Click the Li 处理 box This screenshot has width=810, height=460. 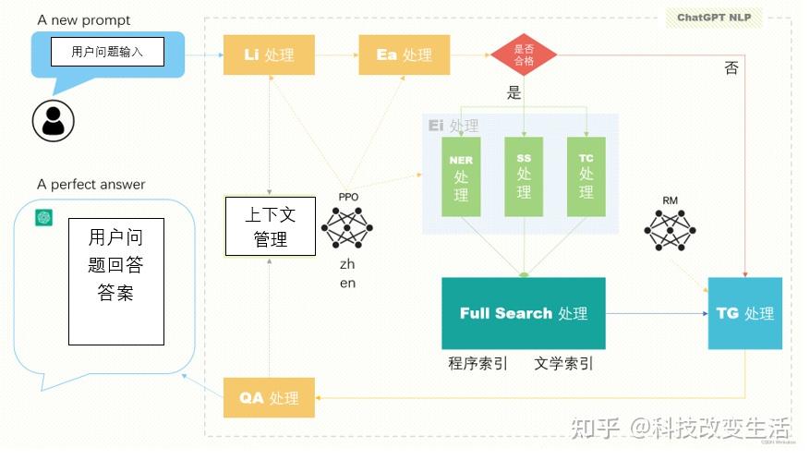[269, 54]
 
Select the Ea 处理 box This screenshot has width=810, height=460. [404, 54]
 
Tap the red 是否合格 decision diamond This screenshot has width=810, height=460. [524, 54]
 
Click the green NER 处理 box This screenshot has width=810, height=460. [461, 177]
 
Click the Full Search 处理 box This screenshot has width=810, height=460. [524, 313]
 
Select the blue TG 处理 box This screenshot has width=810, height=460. [744, 313]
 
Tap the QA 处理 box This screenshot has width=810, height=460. [269, 398]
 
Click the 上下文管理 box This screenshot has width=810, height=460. [270, 226]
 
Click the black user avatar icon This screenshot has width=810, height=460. [53, 120]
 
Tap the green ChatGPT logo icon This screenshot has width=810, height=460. [43, 217]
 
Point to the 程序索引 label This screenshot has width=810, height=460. [478, 363]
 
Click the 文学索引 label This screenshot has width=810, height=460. [563, 363]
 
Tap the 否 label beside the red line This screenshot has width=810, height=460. [731, 68]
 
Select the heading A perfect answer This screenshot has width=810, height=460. [91, 185]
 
